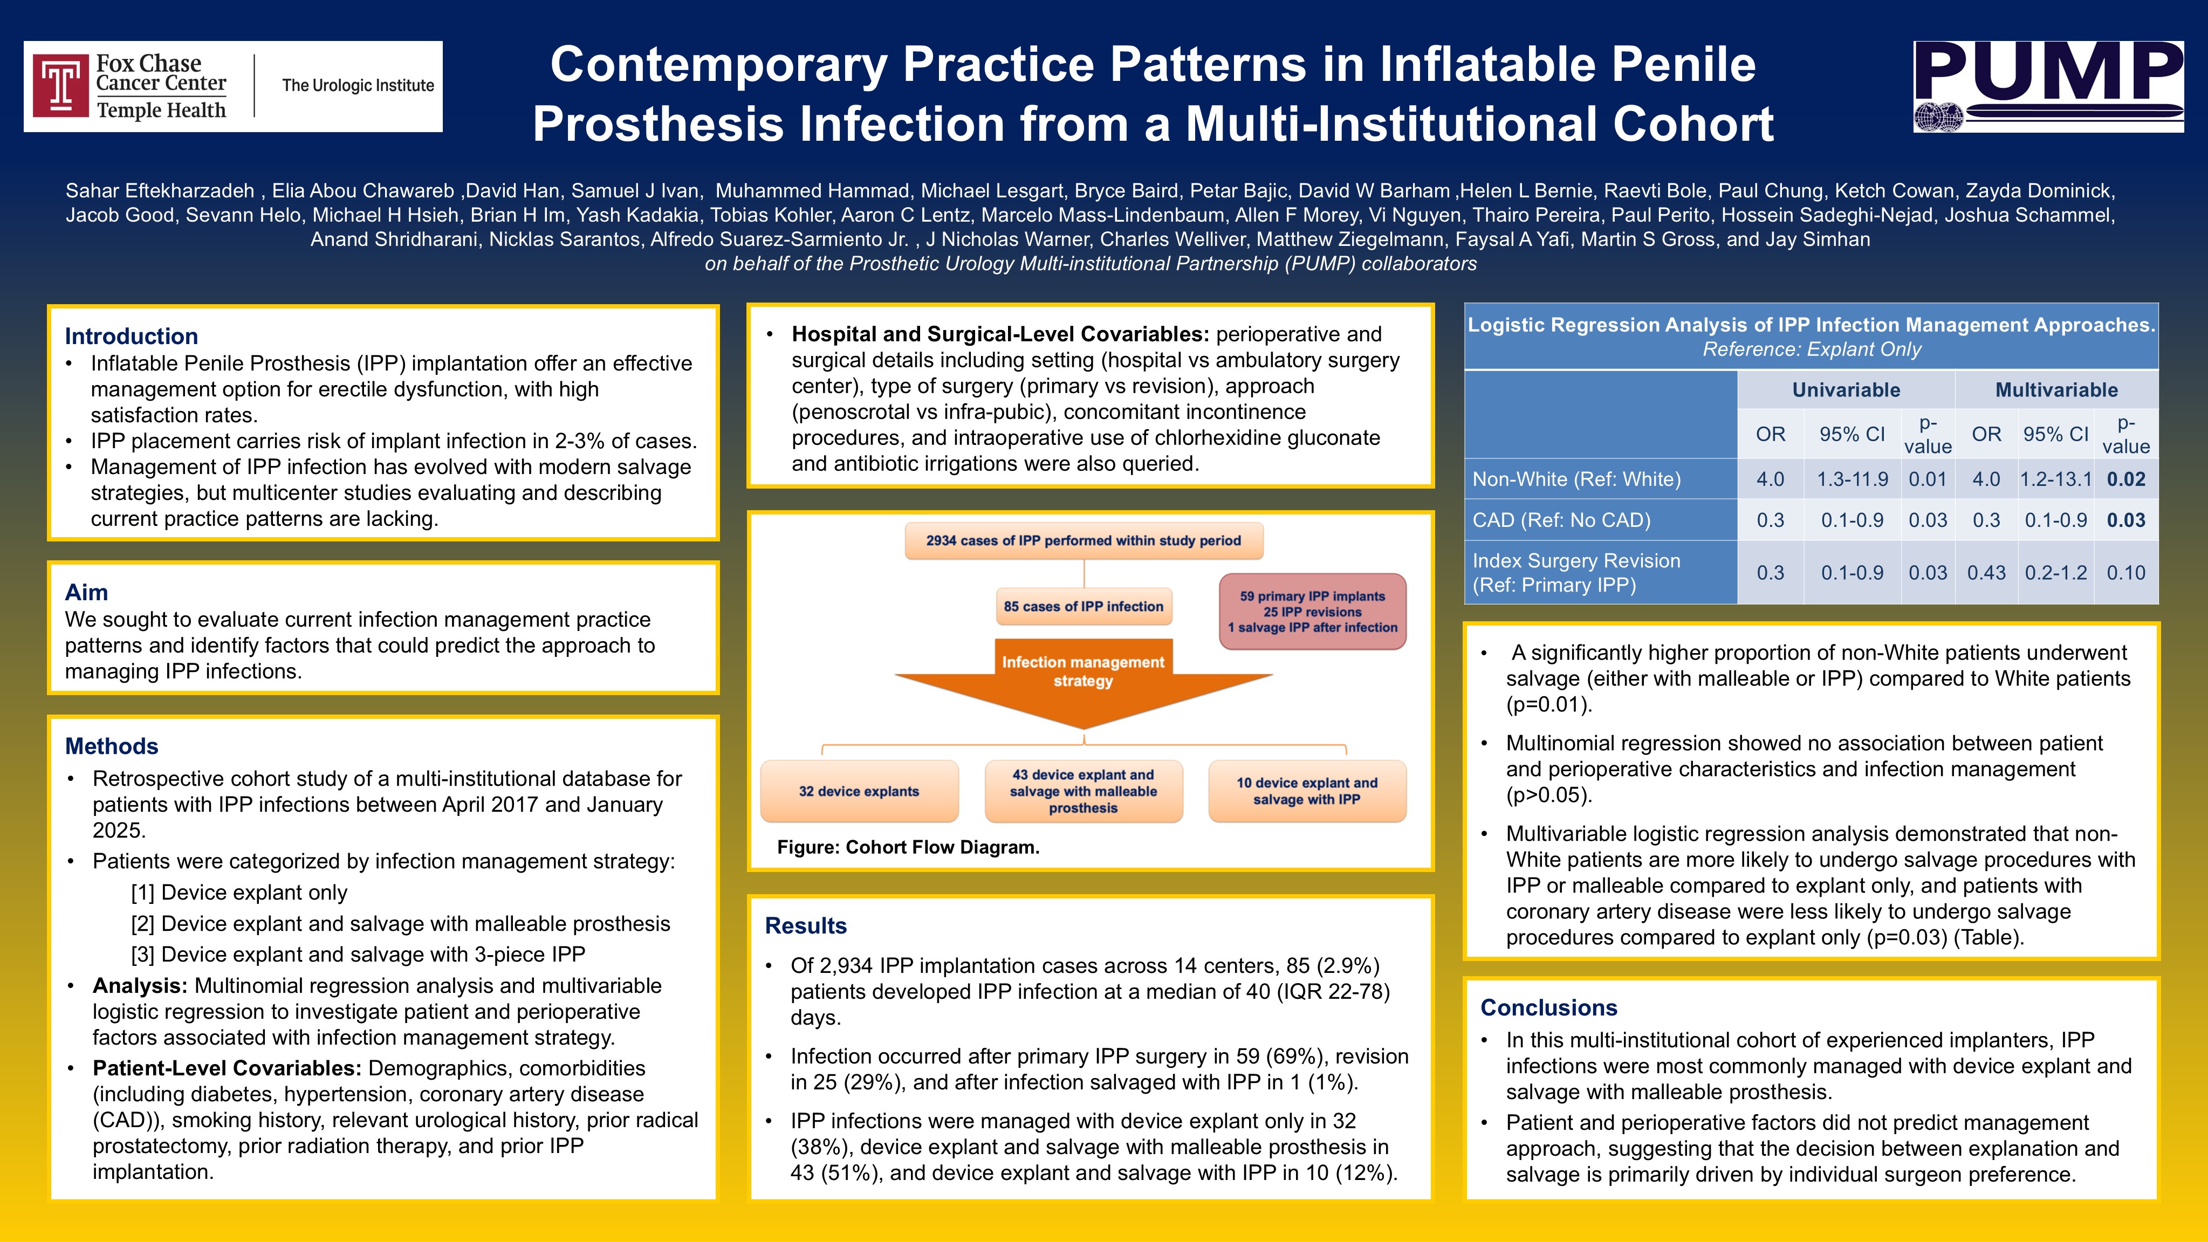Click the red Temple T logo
(x=61, y=86)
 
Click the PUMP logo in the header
(x=2048, y=86)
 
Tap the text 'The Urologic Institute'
(x=358, y=86)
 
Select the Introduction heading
(x=131, y=336)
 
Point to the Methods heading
(x=112, y=746)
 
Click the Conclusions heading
(x=1548, y=1007)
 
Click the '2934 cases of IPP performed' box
(x=1084, y=541)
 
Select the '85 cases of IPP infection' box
(x=1084, y=607)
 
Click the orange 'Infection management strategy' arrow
(x=1084, y=677)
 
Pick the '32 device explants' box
(x=859, y=791)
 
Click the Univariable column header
(x=1846, y=390)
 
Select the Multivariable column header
(x=2056, y=390)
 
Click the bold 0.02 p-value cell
(x=2125, y=479)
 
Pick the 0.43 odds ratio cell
(x=1986, y=573)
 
